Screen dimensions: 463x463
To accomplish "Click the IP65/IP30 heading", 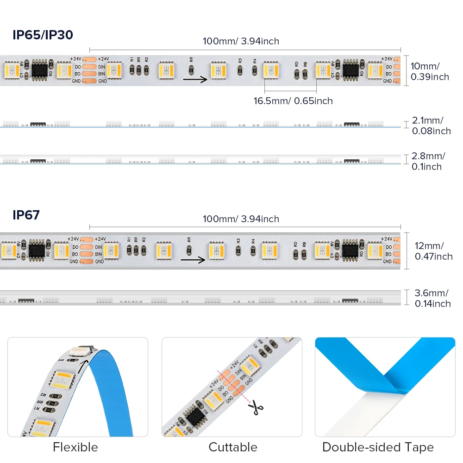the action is click(43, 35).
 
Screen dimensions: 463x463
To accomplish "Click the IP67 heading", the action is click(26, 215).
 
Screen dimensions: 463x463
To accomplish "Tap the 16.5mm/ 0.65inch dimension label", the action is click(293, 100).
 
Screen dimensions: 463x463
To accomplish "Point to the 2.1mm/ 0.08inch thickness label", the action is click(431, 125).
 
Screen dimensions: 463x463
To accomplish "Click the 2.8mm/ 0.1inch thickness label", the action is click(428, 161).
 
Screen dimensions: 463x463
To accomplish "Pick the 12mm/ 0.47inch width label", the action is click(433, 251).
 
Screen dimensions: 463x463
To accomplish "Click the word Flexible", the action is click(75, 447).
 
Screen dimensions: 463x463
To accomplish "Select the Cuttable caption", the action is click(233, 447).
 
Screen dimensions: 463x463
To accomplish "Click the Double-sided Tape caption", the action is click(378, 447).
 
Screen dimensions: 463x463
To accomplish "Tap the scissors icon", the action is click(255, 407).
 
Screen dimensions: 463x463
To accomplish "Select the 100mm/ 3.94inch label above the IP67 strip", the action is click(241, 219).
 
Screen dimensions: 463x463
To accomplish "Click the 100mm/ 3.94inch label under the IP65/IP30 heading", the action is click(241, 41).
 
